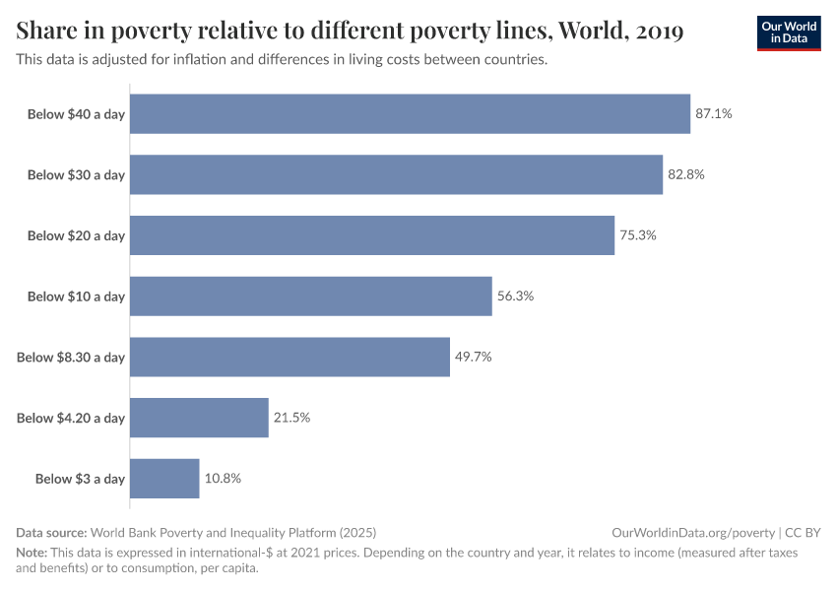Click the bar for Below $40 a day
[410, 114]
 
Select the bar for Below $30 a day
[396, 174]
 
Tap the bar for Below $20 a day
[372, 235]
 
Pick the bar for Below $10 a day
[310, 296]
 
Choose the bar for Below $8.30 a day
[290, 357]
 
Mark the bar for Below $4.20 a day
[199, 418]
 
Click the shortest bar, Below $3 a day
[164, 479]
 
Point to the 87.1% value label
[714, 114]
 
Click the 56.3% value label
[515, 296]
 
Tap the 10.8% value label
[223, 479]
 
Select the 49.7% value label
[473, 357]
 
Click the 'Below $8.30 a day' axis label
[71, 357]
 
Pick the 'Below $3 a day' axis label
[80, 479]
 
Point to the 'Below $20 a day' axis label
[76, 235]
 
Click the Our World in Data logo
[789, 32]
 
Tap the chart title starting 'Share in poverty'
[351, 32]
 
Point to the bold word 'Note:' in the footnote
[32, 553]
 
